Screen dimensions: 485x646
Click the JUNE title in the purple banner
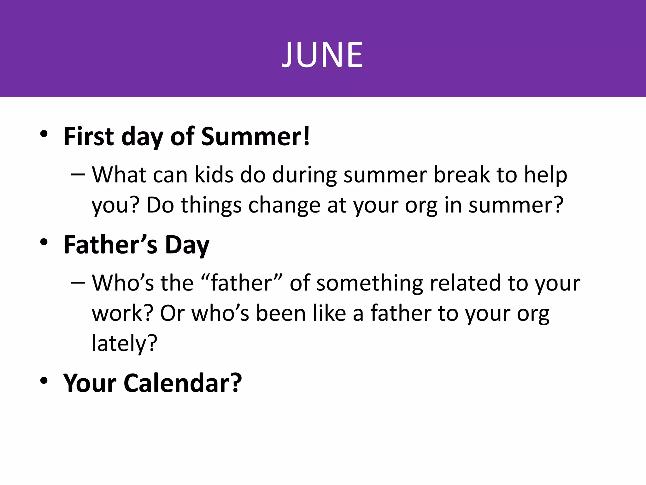322,55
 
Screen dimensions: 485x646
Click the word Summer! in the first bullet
255,137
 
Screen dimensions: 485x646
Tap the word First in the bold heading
89,137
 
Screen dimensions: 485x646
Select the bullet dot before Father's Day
44,242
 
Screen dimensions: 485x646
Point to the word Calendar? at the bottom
183,383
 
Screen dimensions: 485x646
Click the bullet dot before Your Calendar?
44,380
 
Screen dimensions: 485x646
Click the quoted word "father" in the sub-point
241,283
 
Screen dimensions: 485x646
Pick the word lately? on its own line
124,343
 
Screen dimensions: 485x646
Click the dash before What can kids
78,175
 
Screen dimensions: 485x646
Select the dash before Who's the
78,283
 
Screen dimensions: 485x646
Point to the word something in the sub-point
369,283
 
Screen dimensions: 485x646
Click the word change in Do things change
284,205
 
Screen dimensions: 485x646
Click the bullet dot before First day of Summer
44,134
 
